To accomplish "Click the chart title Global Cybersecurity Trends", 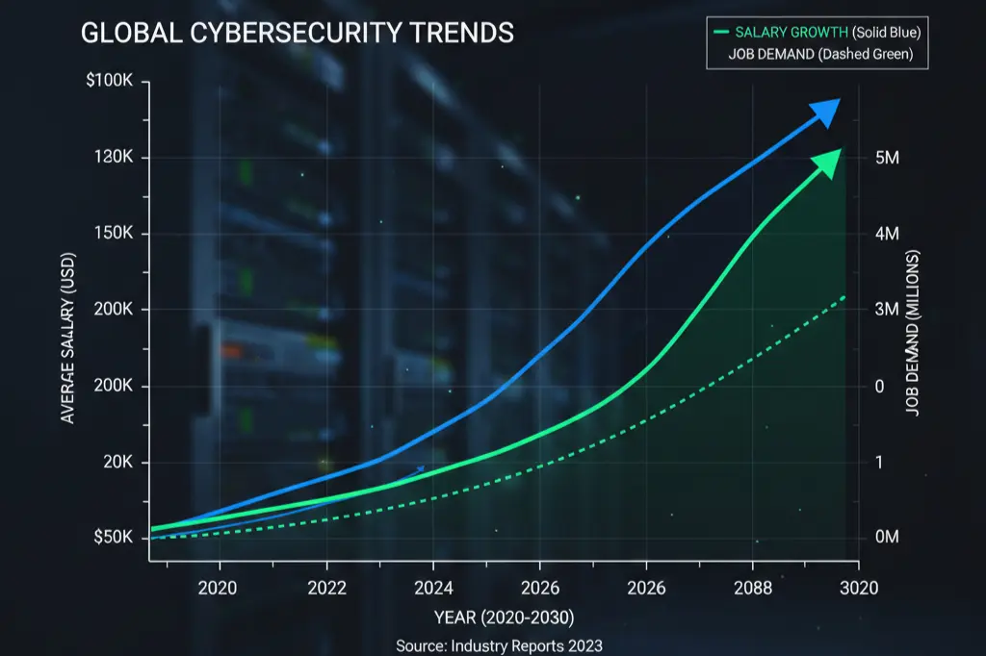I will coord(297,33).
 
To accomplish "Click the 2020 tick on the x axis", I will coord(218,588).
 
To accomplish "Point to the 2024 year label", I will coord(432,588).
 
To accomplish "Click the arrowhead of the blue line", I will coord(825,112).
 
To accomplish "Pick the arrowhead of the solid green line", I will coord(829,162).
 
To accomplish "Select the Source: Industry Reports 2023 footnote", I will coord(499,645).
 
